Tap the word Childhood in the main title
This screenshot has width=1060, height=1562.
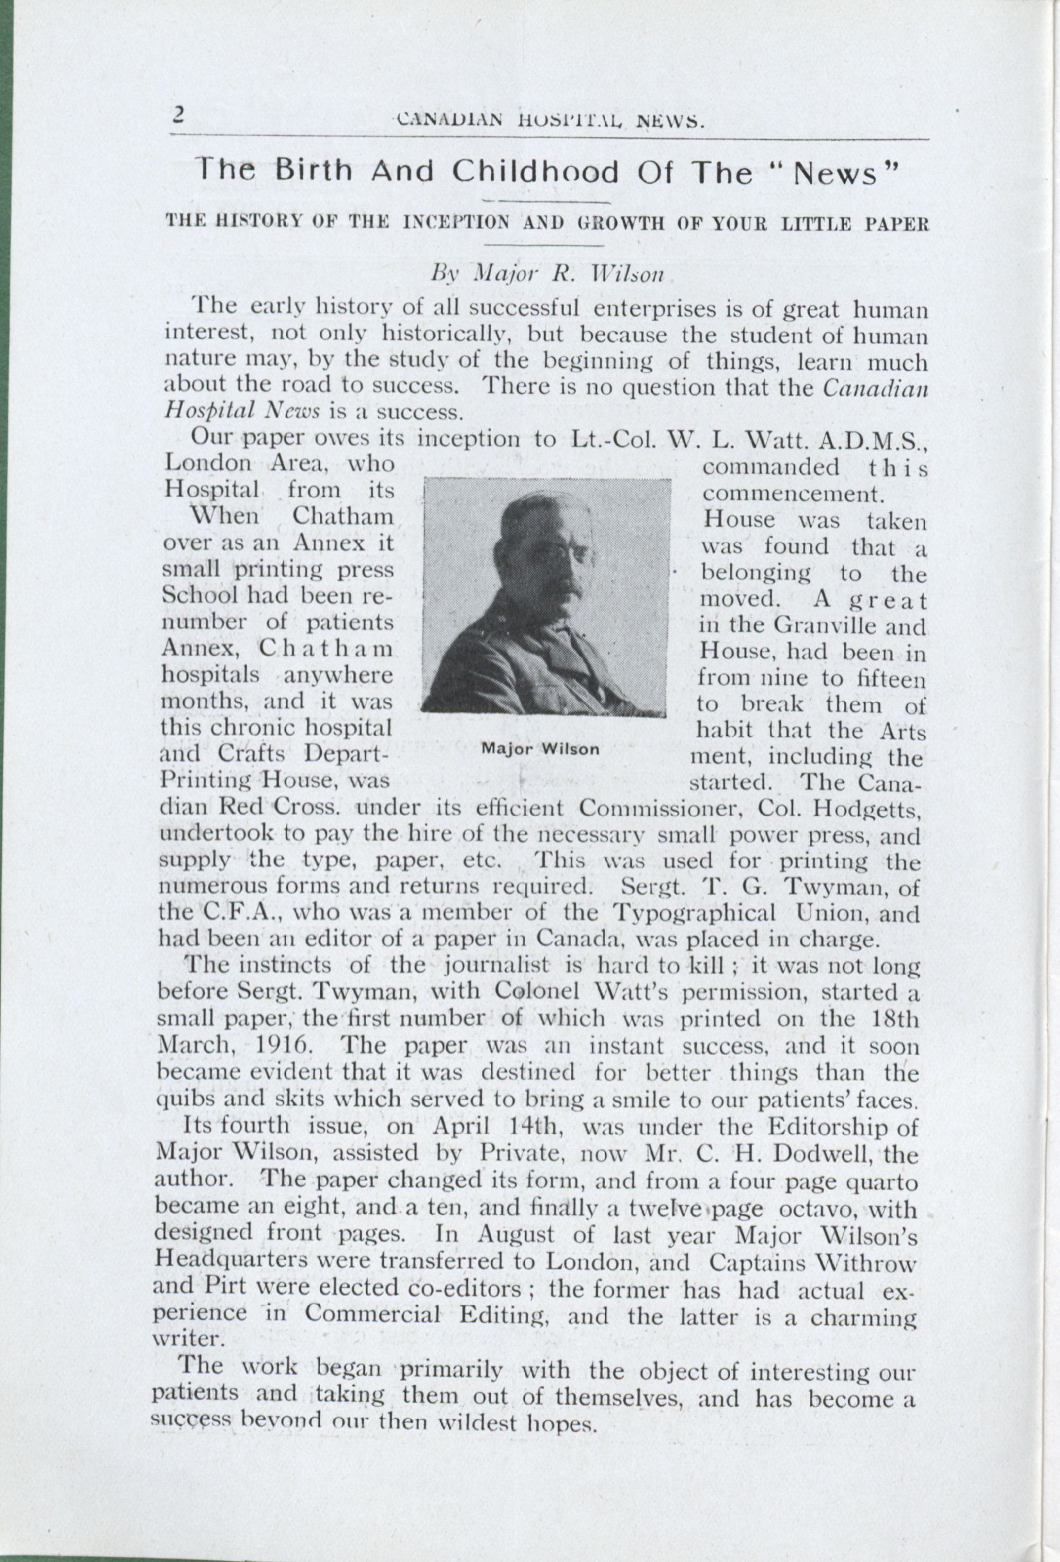point(535,173)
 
